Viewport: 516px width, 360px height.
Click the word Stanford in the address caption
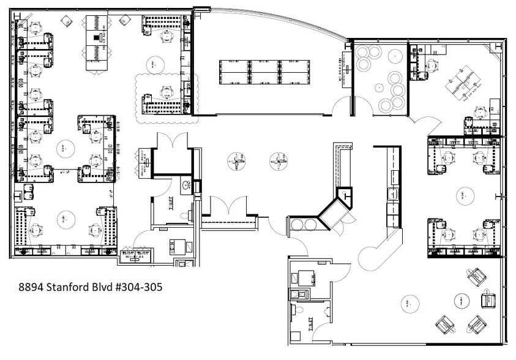pyautogui.click(x=80, y=287)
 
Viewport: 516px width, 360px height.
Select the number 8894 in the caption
pyautogui.click(x=32, y=287)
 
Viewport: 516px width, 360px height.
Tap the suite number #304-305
pyautogui.click(x=140, y=287)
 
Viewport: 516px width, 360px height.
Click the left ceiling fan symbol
pyautogui.click(x=236, y=162)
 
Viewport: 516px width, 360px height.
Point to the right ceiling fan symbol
pyautogui.click(x=279, y=162)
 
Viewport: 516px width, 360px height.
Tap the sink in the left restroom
pyautogui.click(x=186, y=184)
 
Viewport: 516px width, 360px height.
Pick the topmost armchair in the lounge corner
pyautogui.click(x=477, y=277)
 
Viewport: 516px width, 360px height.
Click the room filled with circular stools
pyautogui.click(x=381, y=78)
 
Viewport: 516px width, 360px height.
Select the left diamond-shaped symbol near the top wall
pyautogui.click(x=65, y=21)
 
